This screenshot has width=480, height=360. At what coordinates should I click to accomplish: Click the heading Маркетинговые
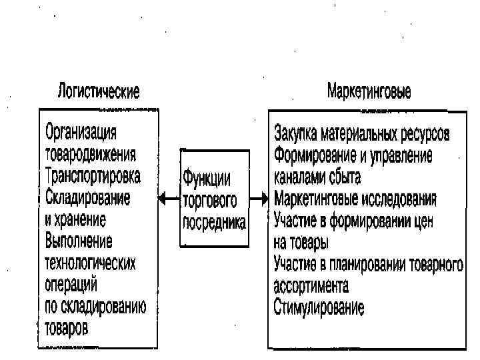point(368,91)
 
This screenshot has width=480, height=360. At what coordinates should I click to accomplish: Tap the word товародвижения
point(91,154)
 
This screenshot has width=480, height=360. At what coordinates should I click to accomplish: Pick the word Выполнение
point(79,241)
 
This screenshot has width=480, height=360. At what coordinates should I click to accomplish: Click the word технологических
point(91,263)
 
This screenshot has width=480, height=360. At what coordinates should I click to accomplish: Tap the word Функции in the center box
point(207,177)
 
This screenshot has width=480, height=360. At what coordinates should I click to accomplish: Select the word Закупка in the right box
point(295,133)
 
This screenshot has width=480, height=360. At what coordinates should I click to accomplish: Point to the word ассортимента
point(311,286)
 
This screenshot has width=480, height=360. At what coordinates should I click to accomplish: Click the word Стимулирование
point(319,307)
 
